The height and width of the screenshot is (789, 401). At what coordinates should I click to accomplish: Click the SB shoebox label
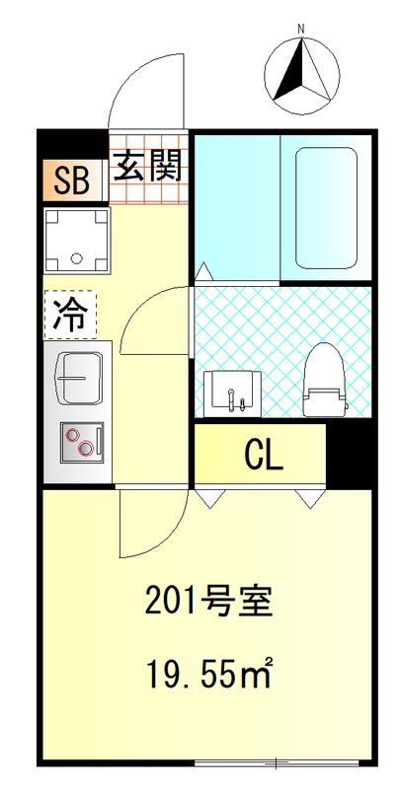(71, 180)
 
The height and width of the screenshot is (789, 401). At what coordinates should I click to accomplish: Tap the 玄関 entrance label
(148, 167)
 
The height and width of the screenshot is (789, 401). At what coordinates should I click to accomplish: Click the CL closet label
(264, 455)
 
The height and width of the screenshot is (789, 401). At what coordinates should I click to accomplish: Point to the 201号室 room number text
(208, 601)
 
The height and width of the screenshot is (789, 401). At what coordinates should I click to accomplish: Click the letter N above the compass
(302, 30)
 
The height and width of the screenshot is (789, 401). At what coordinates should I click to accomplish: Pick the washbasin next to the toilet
(233, 392)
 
